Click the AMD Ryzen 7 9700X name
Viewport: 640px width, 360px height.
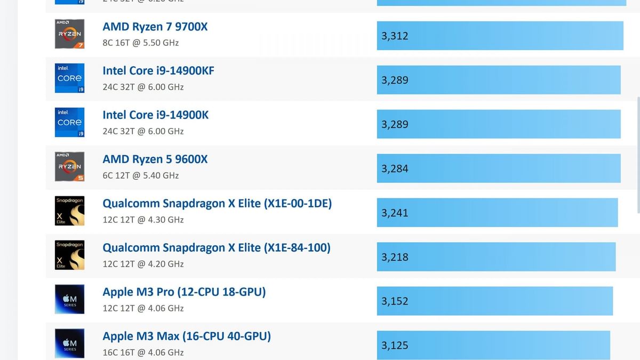(155, 27)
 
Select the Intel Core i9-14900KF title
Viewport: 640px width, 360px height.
(158, 71)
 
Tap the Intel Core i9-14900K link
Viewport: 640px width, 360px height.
(155, 115)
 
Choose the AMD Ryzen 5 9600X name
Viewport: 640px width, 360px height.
(155, 159)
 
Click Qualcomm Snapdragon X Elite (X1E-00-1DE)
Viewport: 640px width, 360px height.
(217, 204)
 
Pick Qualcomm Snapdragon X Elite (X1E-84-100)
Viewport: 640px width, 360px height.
(217, 248)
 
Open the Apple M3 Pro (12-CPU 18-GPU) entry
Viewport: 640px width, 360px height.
(184, 292)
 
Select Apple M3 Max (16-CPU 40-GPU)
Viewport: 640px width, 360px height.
(187, 337)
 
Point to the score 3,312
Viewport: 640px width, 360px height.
(395, 36)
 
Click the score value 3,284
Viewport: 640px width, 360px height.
(395, 169)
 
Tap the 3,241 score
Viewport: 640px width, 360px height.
(395, 213)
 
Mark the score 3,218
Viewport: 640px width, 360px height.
(395, 258)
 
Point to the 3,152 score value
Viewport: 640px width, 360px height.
(395, 302)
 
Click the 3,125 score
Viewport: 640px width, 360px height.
(395, 346)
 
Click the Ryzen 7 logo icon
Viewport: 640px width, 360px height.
(69, 34)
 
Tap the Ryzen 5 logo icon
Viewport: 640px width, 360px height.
(69, 166)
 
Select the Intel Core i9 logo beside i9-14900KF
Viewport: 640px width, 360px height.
(69, 78)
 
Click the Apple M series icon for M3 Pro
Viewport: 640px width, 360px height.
(69, 299)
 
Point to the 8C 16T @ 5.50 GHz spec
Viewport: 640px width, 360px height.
(140, 43)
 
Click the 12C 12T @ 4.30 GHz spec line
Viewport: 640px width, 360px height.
(143, 220)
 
